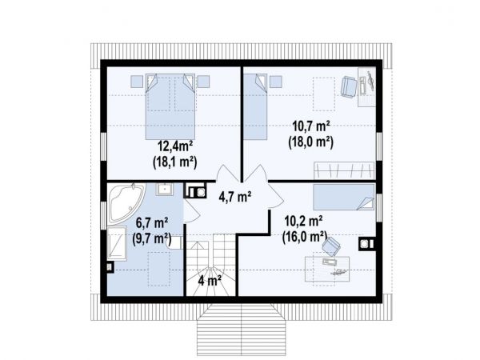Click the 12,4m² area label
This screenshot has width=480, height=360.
pos(174,146)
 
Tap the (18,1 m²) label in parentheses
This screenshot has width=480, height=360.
pos(174,162)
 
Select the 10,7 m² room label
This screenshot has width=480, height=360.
pos(310,126)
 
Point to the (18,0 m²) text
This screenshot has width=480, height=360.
pos(310,142)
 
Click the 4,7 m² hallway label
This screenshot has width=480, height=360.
pos(235,197)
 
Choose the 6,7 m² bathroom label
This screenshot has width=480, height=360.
pos(152,222)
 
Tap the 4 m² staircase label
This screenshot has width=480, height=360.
pos(210,281)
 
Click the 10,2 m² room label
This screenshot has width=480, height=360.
pos(303,221)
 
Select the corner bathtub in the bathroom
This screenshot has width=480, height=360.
pos(126,202)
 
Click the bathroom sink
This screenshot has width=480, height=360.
pos(165,189)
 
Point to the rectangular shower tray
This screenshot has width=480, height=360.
pos(117,243)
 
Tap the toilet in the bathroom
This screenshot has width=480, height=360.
pos(174,242)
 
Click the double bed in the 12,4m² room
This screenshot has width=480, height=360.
pos(170,106)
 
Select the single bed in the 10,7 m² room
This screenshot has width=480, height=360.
pos(256,106)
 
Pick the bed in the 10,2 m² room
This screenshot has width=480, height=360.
pos(344,197)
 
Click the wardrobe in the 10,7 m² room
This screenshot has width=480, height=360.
pos(344,170)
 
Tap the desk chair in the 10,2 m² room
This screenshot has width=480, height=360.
pos(330,246)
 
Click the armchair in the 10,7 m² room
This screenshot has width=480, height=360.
pos(349,86)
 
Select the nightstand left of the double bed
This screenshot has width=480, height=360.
pos(137,82)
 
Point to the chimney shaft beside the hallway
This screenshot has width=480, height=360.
pos(195,191)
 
